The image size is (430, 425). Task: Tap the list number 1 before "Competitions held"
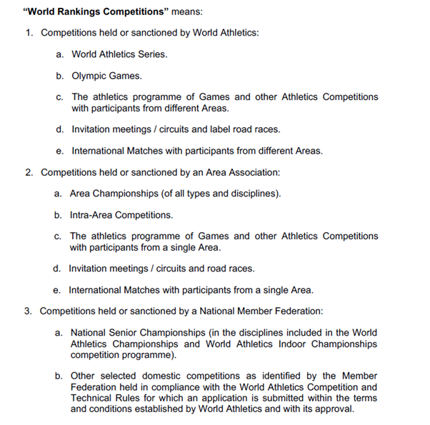[x=29, y=33]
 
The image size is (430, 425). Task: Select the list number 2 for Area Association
[x=29, y=172]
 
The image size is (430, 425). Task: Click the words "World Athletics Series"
[x=120, y=54]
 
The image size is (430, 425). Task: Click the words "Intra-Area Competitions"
[x=121, y=214]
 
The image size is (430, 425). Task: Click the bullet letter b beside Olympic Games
[x=59, y=75]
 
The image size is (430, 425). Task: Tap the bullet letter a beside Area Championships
[x=58, y=194]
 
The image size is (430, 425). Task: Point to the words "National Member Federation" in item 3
[x=262, y=311]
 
